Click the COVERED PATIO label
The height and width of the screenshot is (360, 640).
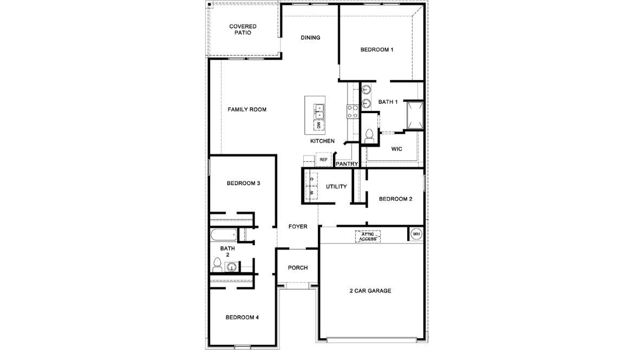[x=243, y=29]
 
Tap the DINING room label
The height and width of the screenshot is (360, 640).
[x=310, y=38]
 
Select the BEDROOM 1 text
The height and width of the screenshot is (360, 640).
[x=376, y=50]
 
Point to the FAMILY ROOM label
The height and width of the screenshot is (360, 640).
[x=247, y=109]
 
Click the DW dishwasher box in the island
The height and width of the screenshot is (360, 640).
[x=319, y=125]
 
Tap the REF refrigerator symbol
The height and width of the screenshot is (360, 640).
[x=324, y=160]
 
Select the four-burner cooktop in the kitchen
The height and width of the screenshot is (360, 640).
[x=352, y=111]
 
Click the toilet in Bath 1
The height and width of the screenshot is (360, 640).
[x=370, y=136]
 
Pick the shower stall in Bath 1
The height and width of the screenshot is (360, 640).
[x=415, y=115]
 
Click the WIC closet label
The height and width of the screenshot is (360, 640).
[x=396, y=149]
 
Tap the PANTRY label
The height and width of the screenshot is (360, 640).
[x=347, y=163]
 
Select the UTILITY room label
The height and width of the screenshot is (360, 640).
[x=336, y=187]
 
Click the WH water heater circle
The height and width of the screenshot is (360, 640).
[x=416, y=234]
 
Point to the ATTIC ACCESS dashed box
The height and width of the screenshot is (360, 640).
[x=368, y=236]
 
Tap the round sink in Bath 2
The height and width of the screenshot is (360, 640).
[x=232, y=266]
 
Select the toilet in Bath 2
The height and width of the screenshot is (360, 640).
[x=217, y=265]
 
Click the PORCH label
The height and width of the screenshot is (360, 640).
[x=298, y=268]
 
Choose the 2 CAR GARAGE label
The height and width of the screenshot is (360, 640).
[x=370, y=291]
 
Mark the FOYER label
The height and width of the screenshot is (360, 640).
[x=298, y=227]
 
